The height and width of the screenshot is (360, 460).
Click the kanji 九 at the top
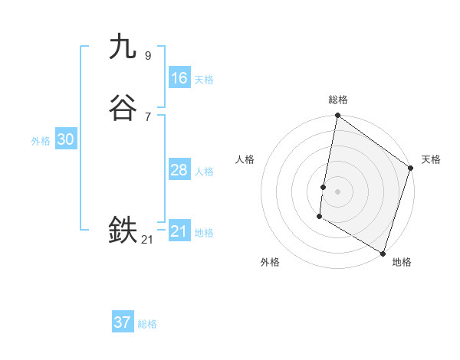tap(123, 47)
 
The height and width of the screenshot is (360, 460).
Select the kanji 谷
tap(123, 108)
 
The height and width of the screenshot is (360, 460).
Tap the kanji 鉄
tap(123, 230)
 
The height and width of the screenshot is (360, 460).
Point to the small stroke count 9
tap(147, 55)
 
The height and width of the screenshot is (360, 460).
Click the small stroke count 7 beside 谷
tap(147, 116)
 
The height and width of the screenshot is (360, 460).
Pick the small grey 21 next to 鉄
tap(147, 239)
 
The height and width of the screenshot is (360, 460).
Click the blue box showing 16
tap(179, 78)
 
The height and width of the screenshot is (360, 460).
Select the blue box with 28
tap(179, 170)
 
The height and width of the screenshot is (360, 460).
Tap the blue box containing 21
tap(179, 231)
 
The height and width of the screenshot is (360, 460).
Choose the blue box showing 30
tap(65, 139)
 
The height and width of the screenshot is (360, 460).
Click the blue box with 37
tap(122, 322)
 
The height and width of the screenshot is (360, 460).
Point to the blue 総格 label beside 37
tap(147, 324)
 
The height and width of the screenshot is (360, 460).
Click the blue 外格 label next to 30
tap(41, 141)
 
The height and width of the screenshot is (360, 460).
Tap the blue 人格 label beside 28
tap(204, 172)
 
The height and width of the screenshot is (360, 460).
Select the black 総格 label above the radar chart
tap(338, 100)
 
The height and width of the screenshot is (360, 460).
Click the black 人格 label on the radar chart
tap(245, 159)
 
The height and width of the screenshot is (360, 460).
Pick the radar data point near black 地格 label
tap(382, 253)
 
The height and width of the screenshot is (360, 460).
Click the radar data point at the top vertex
tap(337, 116)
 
